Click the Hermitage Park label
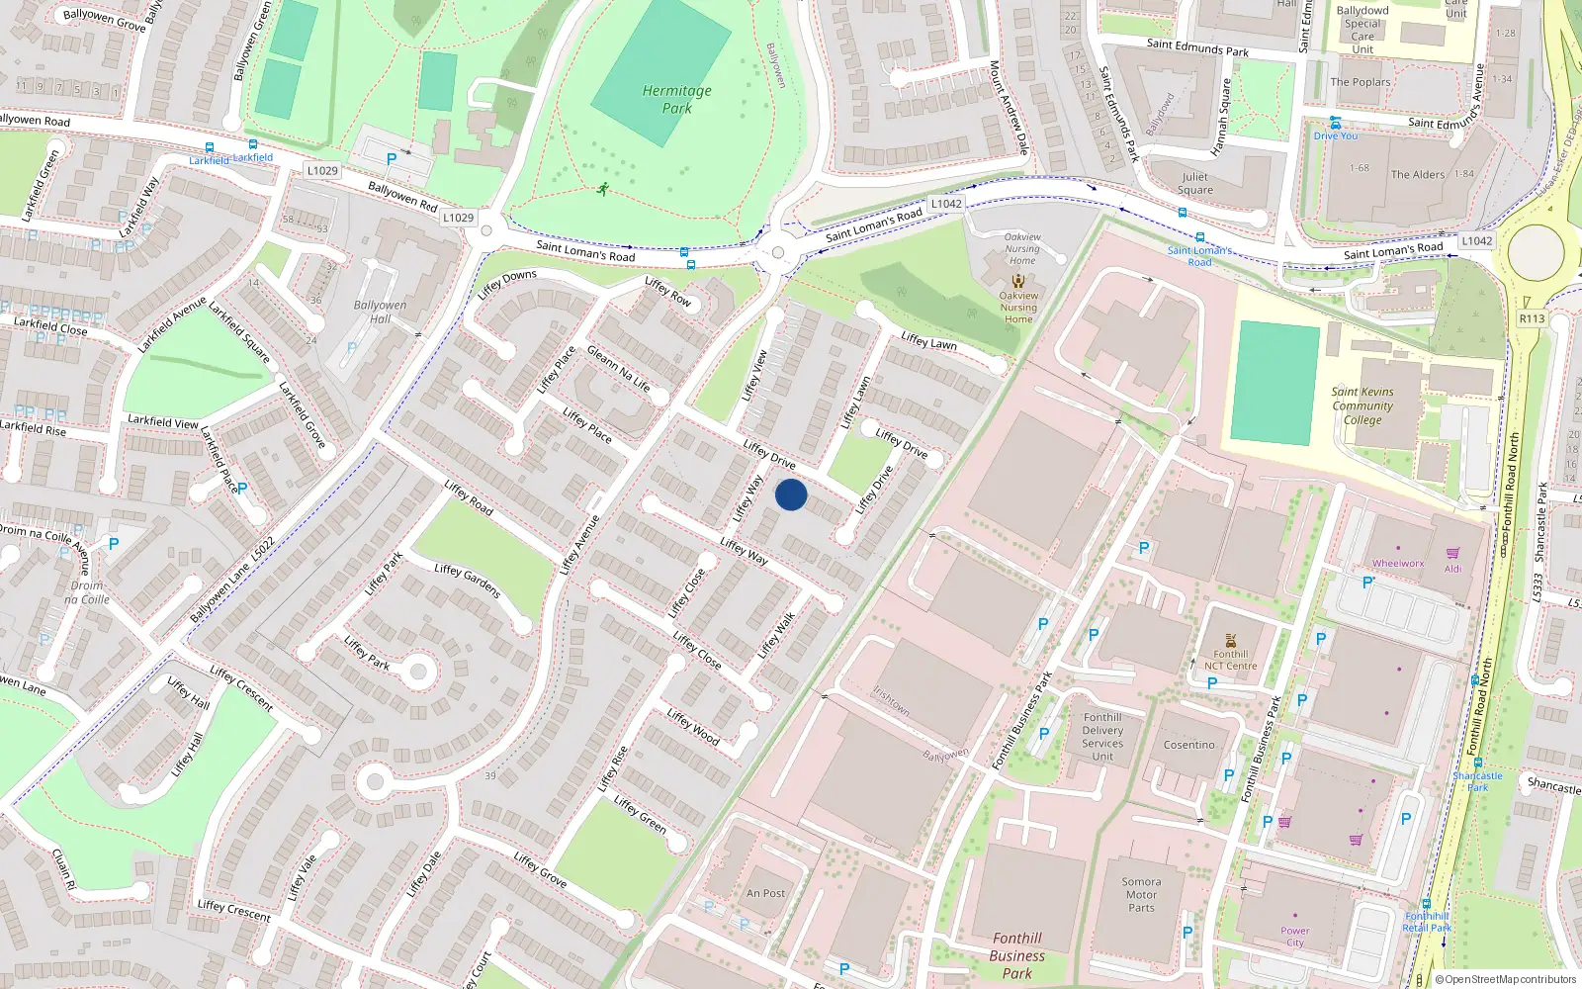[x=677, y=99]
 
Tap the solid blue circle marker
[x=791, y=494]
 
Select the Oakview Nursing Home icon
[x=1018, y=281]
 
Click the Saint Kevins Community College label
[x=1362, y=405]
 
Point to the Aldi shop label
[x=1452, y=569]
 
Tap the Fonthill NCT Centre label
[x=1231, y=660]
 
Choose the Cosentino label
[x=1188, y=745]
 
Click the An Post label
[x=766, y=893]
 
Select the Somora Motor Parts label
[x=1141, y=894]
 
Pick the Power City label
[x=1295, y=936]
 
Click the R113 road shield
[x=1532, y=318]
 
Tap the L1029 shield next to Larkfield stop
[x=322, y=170]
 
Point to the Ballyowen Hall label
[x=381, y=312]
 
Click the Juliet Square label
[x=1195, y=183]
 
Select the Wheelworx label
[x=1398, y=564]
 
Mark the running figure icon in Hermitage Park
[x=602, y=188]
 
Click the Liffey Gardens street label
[x=468, y=581]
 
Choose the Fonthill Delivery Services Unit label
[x=1102, y=737]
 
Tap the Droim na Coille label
[x=87, y=592]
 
